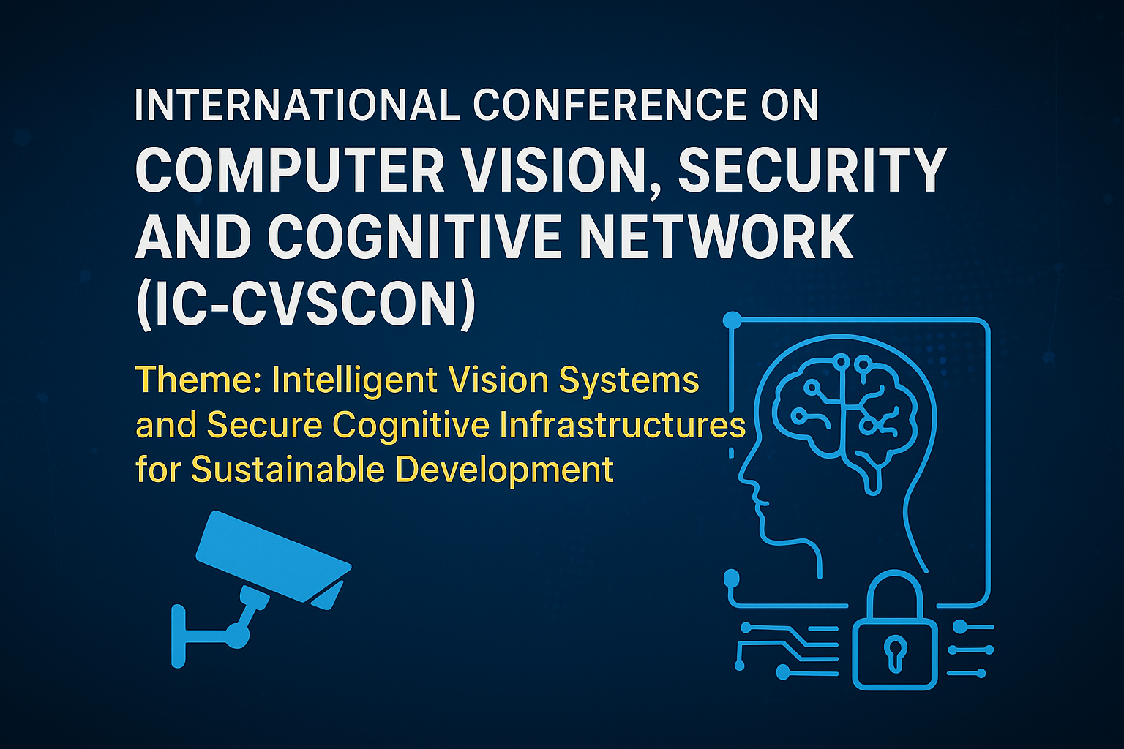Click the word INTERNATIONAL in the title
[297, 105]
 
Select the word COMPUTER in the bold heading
[290, 170]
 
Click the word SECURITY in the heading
[812, 170]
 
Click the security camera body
[274, 556]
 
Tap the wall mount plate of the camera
[179, 636]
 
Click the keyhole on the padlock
[895, 652]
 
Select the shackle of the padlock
[895, 573]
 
